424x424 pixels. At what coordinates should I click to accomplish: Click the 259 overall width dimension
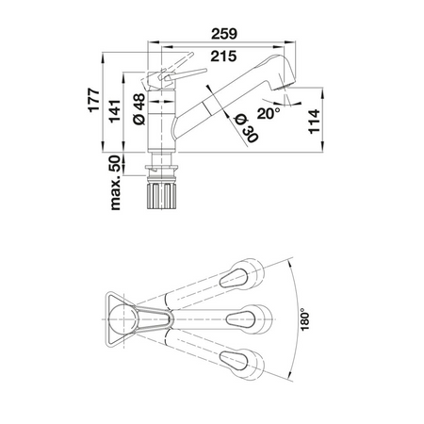pos(224,34)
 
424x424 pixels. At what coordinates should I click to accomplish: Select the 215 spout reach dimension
pos(223,57)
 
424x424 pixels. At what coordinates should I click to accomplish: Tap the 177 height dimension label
pos(94,101)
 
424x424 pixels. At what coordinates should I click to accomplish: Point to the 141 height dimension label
pos(115,111)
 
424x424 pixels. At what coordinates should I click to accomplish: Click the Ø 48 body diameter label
pos(139,109)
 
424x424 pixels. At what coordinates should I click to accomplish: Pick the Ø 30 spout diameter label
pos(247,127)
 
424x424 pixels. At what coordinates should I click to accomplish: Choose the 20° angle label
pos(269,113)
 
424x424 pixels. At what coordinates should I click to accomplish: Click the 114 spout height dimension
pos(314,122)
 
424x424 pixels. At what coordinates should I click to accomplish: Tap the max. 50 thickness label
pos(115,183)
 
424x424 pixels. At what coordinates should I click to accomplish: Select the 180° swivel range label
pos(304,319)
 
